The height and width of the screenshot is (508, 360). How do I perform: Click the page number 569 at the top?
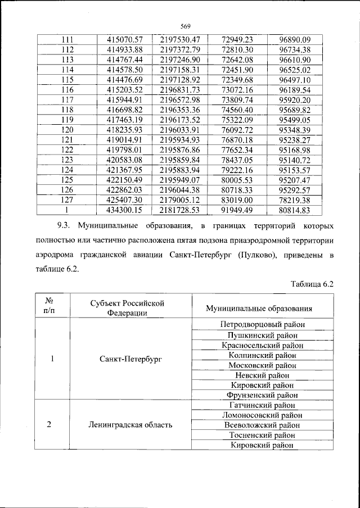click(187, 25)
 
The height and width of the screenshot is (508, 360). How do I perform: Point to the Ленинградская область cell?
click(130, 425)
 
